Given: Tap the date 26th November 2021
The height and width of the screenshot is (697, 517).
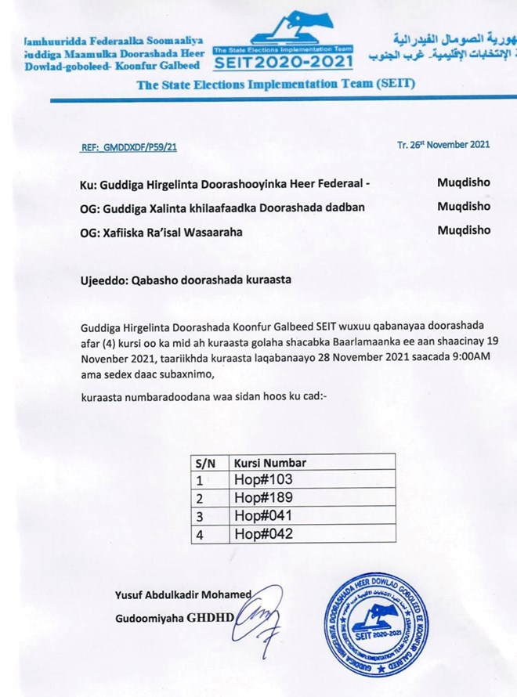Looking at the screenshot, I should click(444, 144).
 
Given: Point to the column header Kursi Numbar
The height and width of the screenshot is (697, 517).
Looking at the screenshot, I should click(269, 463).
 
